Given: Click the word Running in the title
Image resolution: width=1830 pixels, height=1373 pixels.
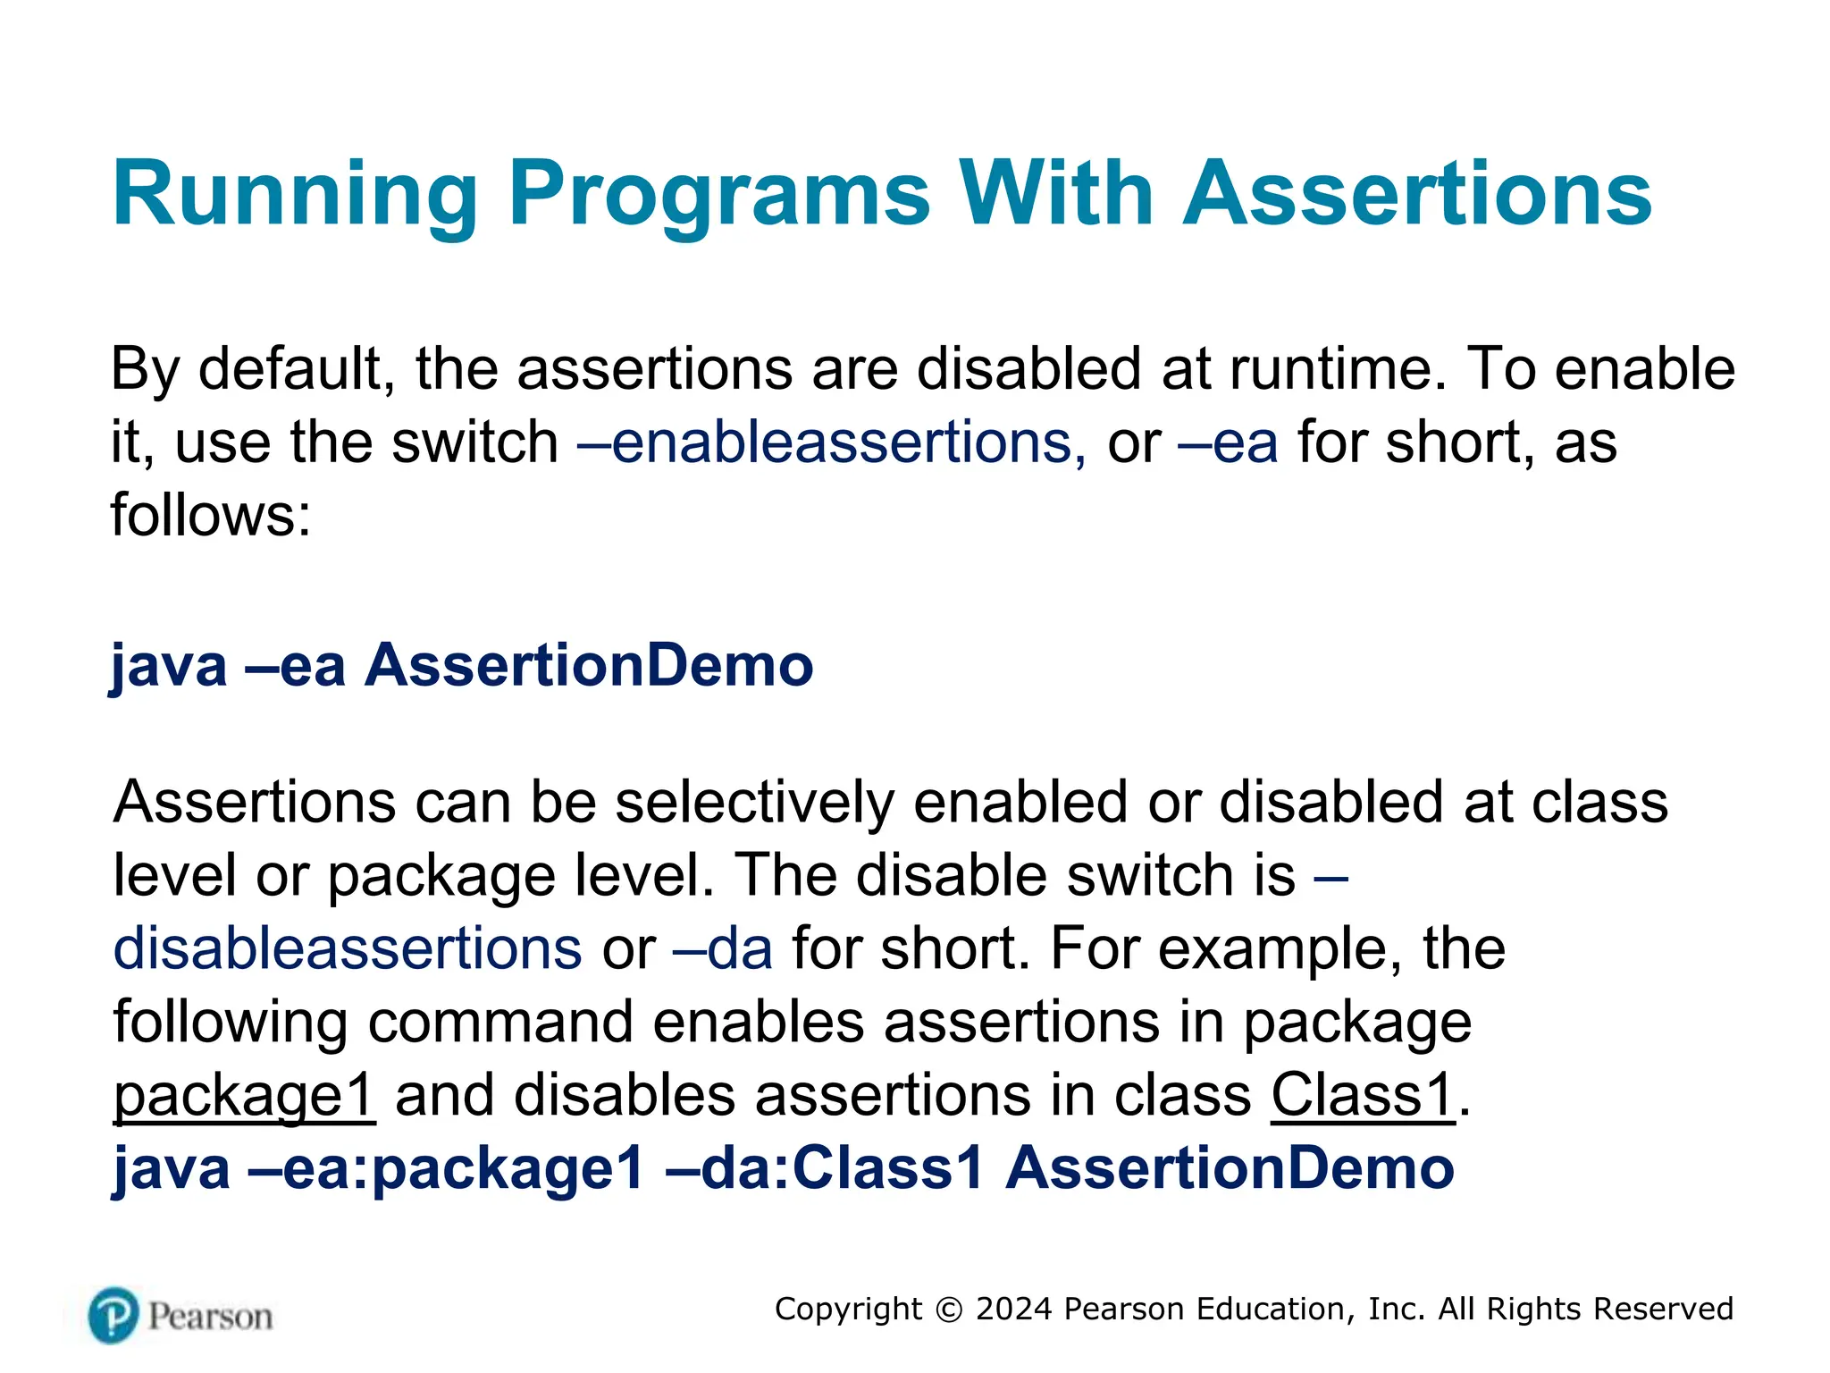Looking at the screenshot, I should click(295, 195).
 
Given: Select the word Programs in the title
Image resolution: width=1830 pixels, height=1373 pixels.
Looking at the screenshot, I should click(720, 195).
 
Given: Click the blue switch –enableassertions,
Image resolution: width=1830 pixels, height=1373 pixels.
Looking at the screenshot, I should click(832, 442).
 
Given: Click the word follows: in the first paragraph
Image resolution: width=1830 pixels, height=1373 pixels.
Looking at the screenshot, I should click(211, 516).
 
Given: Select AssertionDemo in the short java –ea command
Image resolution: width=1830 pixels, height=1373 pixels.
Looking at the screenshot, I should click(589, 666).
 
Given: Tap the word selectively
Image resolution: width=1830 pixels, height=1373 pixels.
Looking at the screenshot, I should click(755, 802).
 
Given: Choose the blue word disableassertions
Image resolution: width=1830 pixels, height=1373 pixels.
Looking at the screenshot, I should click(348, 948).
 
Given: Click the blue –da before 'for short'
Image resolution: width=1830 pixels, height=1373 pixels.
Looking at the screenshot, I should click(723, 948).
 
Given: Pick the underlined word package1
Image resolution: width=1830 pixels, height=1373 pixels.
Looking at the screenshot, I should click(244, 1096).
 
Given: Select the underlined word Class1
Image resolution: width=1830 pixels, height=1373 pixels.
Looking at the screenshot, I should click(1363, 1095).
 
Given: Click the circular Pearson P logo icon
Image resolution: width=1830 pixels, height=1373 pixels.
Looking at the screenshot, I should click(113, 1316).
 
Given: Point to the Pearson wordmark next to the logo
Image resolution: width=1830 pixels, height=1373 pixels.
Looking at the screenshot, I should click(210, 1317).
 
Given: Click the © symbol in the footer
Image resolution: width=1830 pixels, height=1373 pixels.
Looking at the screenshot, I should click(949, 1310).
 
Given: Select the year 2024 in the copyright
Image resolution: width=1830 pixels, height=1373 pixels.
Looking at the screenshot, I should click(1014, 1310).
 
